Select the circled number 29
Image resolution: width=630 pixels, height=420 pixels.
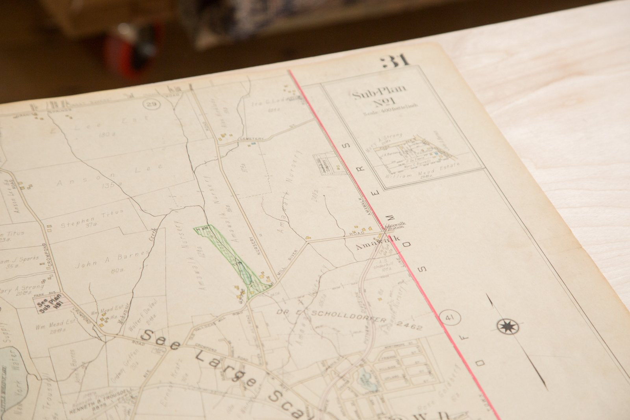point(150,104)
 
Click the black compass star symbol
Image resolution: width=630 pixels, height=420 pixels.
point(508,326)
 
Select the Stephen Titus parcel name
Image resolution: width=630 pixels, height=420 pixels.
point(92,219)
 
